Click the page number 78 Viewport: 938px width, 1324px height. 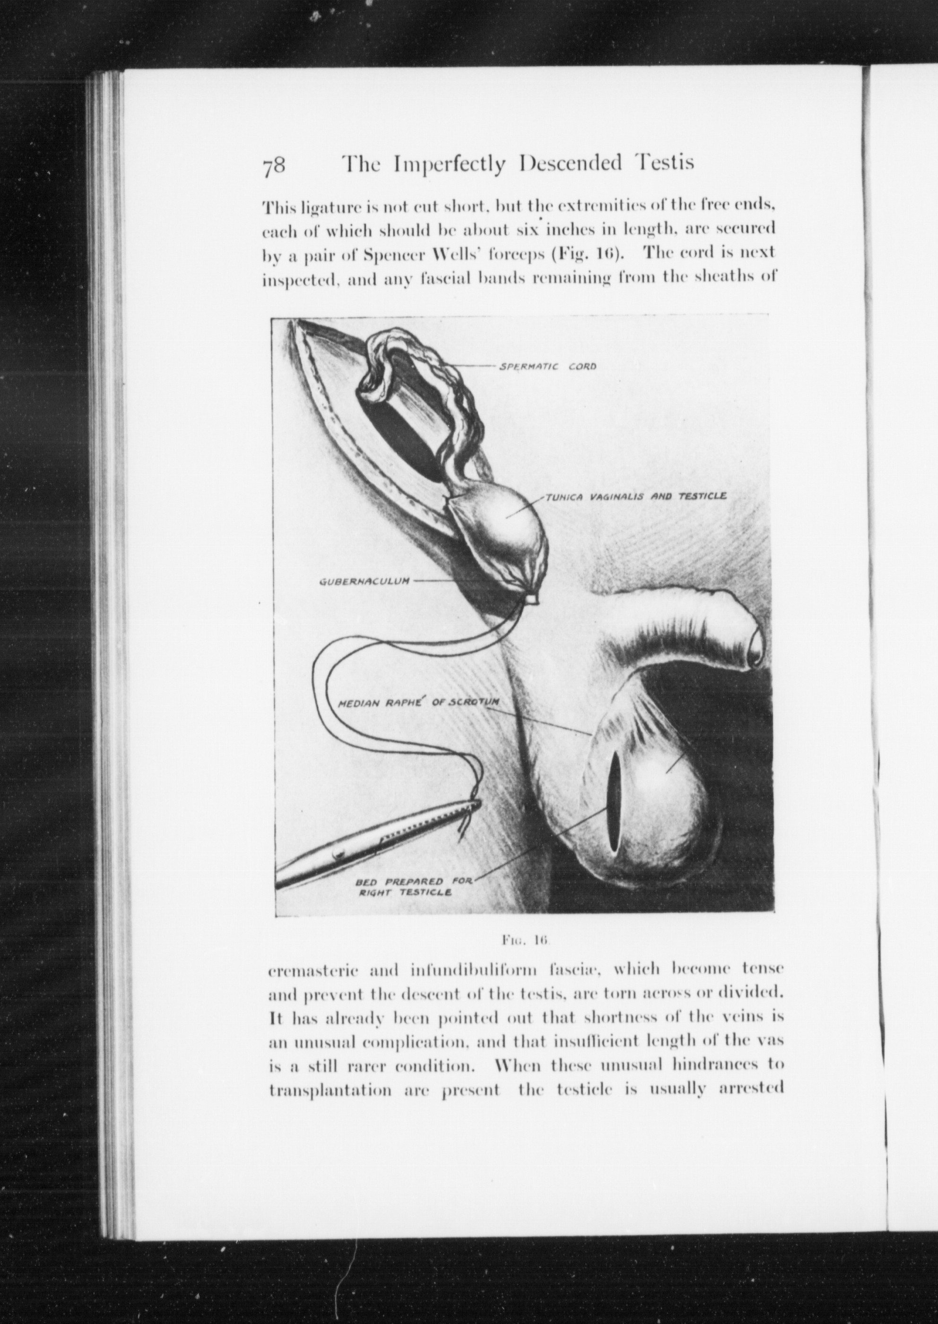pyautogui.click(x=273, y=167)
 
